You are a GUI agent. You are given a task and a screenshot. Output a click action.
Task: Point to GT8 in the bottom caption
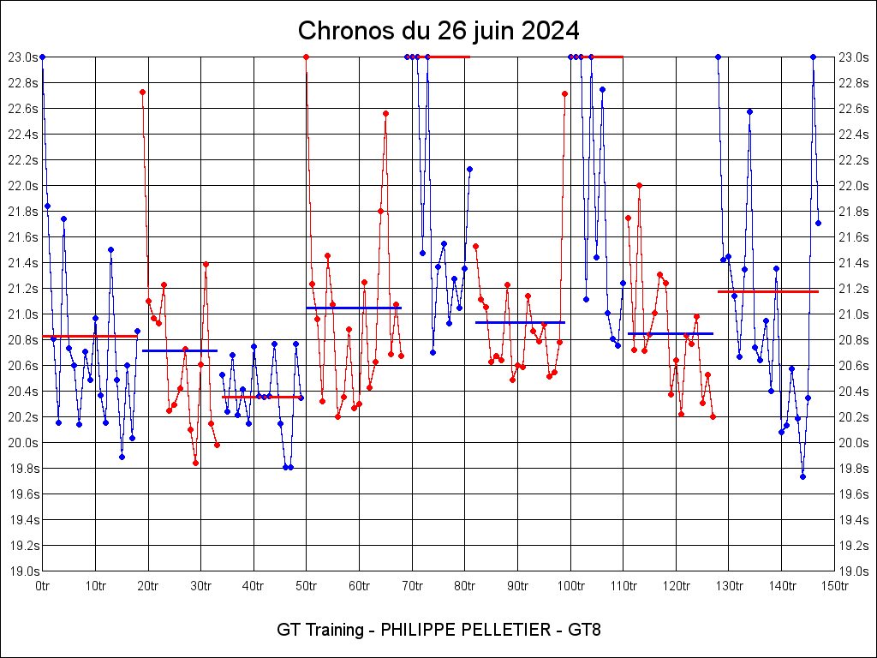[583, 631]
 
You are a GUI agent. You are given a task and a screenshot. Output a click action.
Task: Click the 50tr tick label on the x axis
[306, 587]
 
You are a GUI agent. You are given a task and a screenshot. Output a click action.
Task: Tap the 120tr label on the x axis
[676, 587]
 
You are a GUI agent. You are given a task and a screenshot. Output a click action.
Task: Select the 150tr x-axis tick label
[834, 587]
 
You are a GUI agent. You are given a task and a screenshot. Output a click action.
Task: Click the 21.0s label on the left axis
[22, 314]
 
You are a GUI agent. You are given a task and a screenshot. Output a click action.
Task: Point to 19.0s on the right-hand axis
[854, 571]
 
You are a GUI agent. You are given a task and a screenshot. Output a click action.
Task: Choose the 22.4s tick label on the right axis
[854, 135]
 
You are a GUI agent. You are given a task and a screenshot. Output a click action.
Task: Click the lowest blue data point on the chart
[802, 476]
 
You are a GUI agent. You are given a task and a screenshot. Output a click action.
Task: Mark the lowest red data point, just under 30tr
[195, 463]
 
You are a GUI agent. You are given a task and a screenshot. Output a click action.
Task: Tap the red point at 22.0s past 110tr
[639, 185]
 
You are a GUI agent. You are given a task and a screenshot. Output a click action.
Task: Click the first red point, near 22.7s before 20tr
[142, 92]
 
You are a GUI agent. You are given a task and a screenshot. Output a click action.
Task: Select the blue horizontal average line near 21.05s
[353, 308]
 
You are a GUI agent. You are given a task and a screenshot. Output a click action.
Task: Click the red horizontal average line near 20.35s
[261, 397]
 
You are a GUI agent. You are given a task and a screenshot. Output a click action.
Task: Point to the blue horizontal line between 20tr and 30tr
[180, 350]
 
